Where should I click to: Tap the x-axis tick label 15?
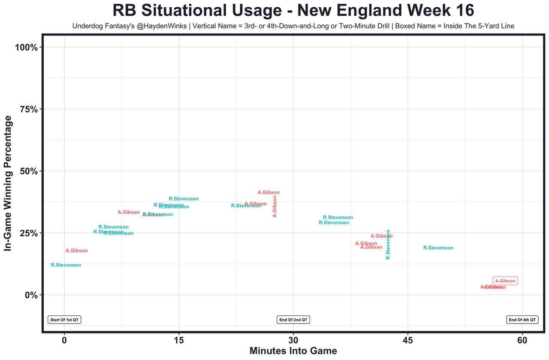tap(178, 341)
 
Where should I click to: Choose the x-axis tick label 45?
tap(408, 341)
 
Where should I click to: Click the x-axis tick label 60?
tap(522, 341)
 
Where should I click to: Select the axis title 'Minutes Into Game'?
tap(293, 351)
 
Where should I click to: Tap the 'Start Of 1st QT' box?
tap(64, 320)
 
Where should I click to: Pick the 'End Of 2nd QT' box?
tap(293, 320)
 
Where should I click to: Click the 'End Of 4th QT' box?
tap(522, 320)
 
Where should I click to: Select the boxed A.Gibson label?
tap(505, 281)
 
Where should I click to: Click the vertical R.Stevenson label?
tap(388, 244)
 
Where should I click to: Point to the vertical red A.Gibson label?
tap(274, 207)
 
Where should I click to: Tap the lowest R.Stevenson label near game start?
tap(66, 265)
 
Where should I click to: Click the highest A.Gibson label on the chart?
tap(268, 192)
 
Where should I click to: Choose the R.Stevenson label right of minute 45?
tap(438, 248)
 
